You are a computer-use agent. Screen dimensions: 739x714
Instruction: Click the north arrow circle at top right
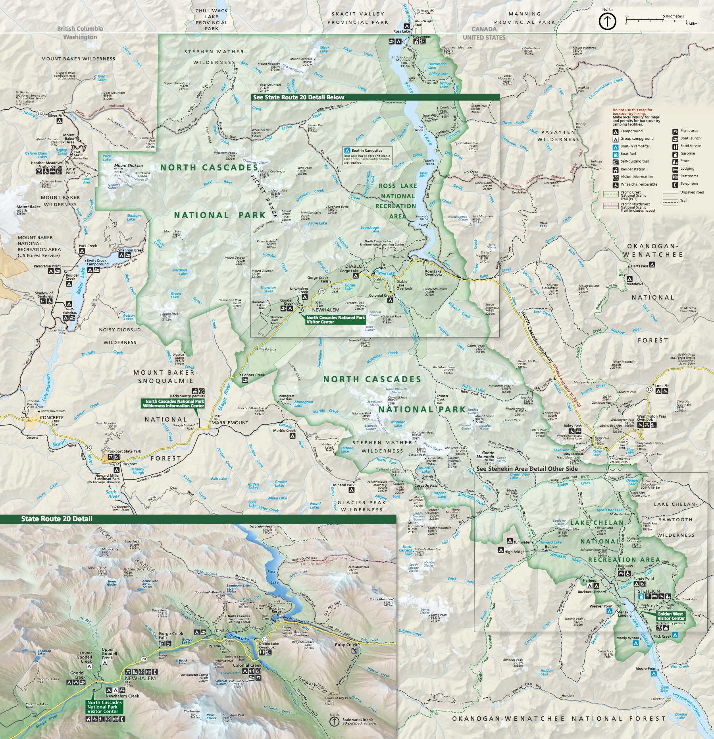607,21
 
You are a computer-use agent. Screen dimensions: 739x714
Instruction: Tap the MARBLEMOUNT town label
229,423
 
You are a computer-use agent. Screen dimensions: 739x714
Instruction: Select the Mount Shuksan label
128,166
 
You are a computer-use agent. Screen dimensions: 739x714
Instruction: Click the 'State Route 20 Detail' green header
57,519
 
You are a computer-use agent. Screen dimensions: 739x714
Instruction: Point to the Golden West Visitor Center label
671,616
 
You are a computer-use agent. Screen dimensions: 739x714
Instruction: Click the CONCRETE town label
52,418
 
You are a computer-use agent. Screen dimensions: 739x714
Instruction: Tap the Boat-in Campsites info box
367,156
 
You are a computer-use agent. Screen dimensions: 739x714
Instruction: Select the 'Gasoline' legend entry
687,153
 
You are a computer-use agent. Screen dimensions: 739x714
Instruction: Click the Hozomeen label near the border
422,37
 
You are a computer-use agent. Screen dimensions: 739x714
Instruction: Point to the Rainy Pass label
572,426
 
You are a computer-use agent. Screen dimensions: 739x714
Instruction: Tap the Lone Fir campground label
662,386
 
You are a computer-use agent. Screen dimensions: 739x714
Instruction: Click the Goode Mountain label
488,455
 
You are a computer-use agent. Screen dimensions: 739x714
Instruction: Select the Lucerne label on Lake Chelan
658,699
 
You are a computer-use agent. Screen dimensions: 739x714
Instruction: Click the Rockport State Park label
124,451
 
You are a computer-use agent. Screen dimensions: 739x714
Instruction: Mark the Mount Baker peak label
28,207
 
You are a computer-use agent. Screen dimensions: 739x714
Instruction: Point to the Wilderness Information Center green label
173,404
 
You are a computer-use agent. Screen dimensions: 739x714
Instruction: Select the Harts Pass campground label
639,266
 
